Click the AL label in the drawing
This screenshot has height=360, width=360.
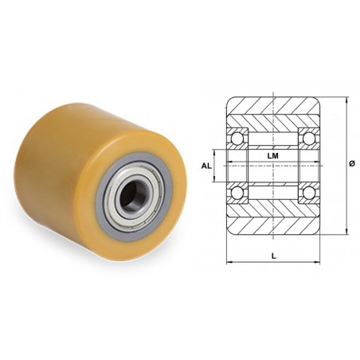(x=205, y=166)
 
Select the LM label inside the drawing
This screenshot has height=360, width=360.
(x=272, y=156)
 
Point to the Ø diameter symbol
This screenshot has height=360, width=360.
(x=351, y=164)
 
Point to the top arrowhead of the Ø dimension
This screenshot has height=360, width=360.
(x=346, y=100)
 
